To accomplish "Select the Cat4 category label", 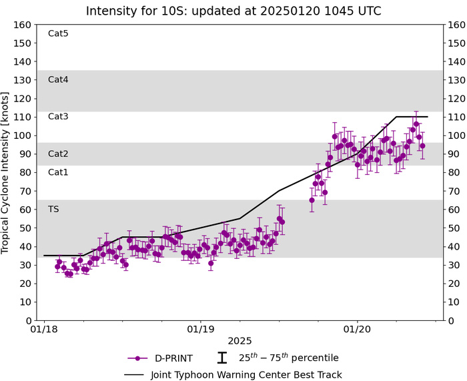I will coord(58,79).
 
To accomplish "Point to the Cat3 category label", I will coord(58,117).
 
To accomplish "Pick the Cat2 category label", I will coord(58,153).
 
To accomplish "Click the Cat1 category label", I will coord(58,172).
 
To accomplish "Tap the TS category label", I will coord(53,209).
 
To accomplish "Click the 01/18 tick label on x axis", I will coord(44,329).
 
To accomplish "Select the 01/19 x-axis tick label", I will coord(201,329).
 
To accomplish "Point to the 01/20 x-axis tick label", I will coord(357,329).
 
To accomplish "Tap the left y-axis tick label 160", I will coord(24,25).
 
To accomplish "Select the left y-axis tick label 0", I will coord(29,320).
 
